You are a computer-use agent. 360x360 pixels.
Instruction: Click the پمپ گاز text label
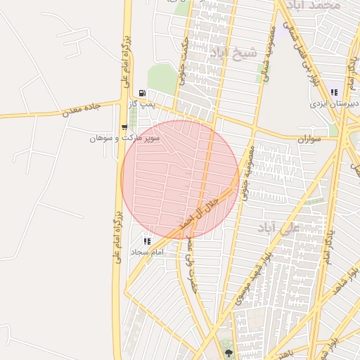click(x=141, y=104)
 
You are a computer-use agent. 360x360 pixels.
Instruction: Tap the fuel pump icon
click(x=143, y=93)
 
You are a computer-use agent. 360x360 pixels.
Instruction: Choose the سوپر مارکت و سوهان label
click(x=124, y=138)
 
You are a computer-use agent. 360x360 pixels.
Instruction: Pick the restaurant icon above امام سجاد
click(x=147, y=241)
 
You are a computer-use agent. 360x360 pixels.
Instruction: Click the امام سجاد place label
click(x=147, y=252)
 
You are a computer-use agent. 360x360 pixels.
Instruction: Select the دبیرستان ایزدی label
click(x=335, y=103)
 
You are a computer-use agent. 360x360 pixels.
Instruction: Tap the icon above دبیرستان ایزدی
click(x=335, y=92)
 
